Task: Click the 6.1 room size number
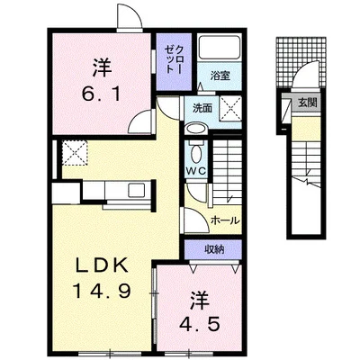101,94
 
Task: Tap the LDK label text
101,265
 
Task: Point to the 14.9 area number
102,290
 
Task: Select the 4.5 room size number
200,324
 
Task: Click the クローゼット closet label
174,60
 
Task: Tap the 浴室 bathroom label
220,76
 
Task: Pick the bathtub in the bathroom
220,48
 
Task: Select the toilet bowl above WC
196,153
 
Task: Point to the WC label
196,171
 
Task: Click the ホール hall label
225,220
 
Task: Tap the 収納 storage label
214,249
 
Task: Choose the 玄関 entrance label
307,103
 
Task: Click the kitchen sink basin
138,190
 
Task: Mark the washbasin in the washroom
196,130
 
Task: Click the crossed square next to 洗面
230,109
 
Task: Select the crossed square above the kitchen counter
75,153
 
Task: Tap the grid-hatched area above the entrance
301,62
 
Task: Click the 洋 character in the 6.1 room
102,68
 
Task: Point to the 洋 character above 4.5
200,301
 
